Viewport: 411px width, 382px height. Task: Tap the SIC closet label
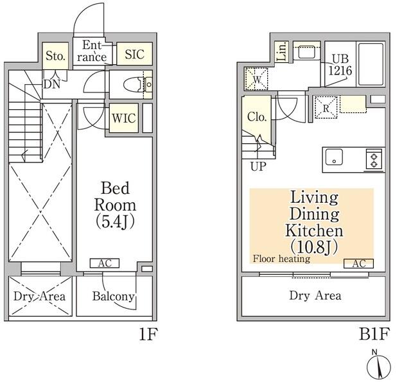[x=134, y=55]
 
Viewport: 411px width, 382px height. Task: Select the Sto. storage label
[x=55, y=56]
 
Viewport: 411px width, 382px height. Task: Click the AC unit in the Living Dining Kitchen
[x=358, y=263]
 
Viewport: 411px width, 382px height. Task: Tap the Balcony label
[x=113, y=296]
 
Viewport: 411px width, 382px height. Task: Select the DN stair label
[x=52, y=83]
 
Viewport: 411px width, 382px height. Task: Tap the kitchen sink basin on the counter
[x=334, y=157]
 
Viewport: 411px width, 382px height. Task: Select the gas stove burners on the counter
[x=374, y=159]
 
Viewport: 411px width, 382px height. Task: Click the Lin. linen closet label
[x=281, y=51]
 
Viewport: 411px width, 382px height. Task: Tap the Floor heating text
[x=281, y=259]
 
